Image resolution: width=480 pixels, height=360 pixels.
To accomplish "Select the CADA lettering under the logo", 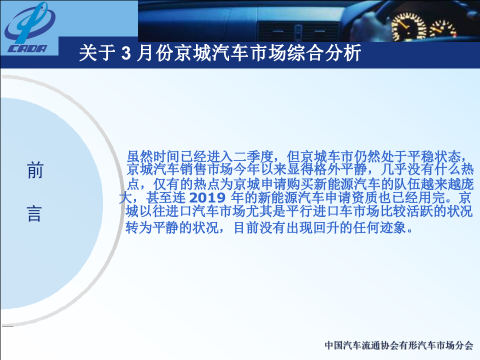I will pos(27,48).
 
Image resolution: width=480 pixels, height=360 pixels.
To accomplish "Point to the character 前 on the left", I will pos(35,171).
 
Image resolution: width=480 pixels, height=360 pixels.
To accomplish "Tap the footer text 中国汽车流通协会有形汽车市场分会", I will pos(398,345).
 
